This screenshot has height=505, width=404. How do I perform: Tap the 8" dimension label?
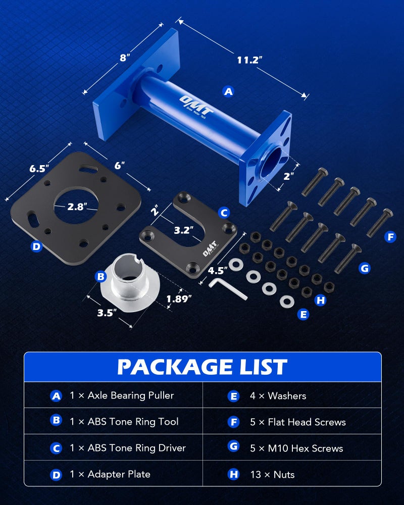click(125, 58)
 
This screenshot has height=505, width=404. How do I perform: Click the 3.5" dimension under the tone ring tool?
click(107, 313)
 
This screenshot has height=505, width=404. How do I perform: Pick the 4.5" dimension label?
click(218, 270)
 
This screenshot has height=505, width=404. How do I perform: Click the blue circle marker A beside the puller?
click(228, 91)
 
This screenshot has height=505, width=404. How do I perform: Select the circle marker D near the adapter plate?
click(36, 247)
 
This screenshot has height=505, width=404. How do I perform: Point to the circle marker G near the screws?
click(365, 268)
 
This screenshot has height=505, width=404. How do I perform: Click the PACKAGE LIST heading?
click(202, 367)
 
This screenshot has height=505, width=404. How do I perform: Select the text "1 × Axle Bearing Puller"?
click(122, 395)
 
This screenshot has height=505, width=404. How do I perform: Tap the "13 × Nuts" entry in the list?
click(272, 474)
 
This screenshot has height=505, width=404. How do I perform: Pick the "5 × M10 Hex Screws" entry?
click(296, 448)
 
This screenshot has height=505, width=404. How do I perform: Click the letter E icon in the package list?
click(233, 396)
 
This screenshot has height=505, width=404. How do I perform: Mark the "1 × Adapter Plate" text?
click(110, 474)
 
